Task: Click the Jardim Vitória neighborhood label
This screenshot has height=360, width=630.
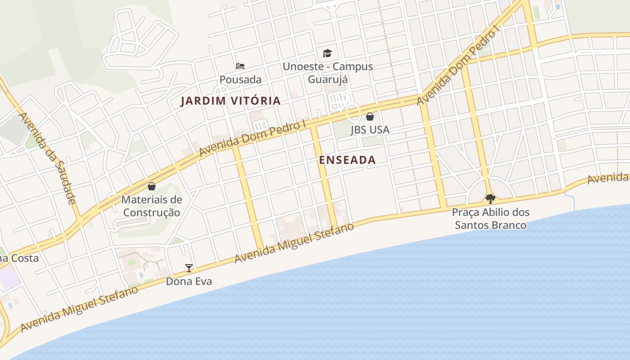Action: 230,101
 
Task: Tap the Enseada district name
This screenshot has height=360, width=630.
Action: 347,160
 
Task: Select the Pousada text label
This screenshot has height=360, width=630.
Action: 240,80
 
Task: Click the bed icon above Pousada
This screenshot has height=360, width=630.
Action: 240,66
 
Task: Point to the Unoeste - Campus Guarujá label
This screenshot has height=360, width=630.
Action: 328,73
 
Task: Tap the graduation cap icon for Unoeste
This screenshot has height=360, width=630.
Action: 327,53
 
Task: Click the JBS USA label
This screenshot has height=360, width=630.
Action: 370,130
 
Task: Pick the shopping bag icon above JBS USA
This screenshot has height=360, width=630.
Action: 370,117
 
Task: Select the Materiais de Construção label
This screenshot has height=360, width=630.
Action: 152,206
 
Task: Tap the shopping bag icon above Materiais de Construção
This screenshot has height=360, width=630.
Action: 152,186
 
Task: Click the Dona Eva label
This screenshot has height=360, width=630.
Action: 189,282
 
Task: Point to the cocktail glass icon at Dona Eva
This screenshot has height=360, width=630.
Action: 189,268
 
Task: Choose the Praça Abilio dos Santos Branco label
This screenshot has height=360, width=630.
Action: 490,218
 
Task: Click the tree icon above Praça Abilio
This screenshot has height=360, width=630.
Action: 490,198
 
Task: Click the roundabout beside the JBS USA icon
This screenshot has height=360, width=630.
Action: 353,111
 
